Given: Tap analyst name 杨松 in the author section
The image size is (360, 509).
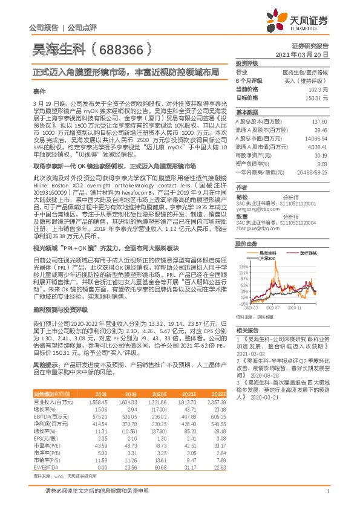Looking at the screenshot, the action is [x=242, y=196].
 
